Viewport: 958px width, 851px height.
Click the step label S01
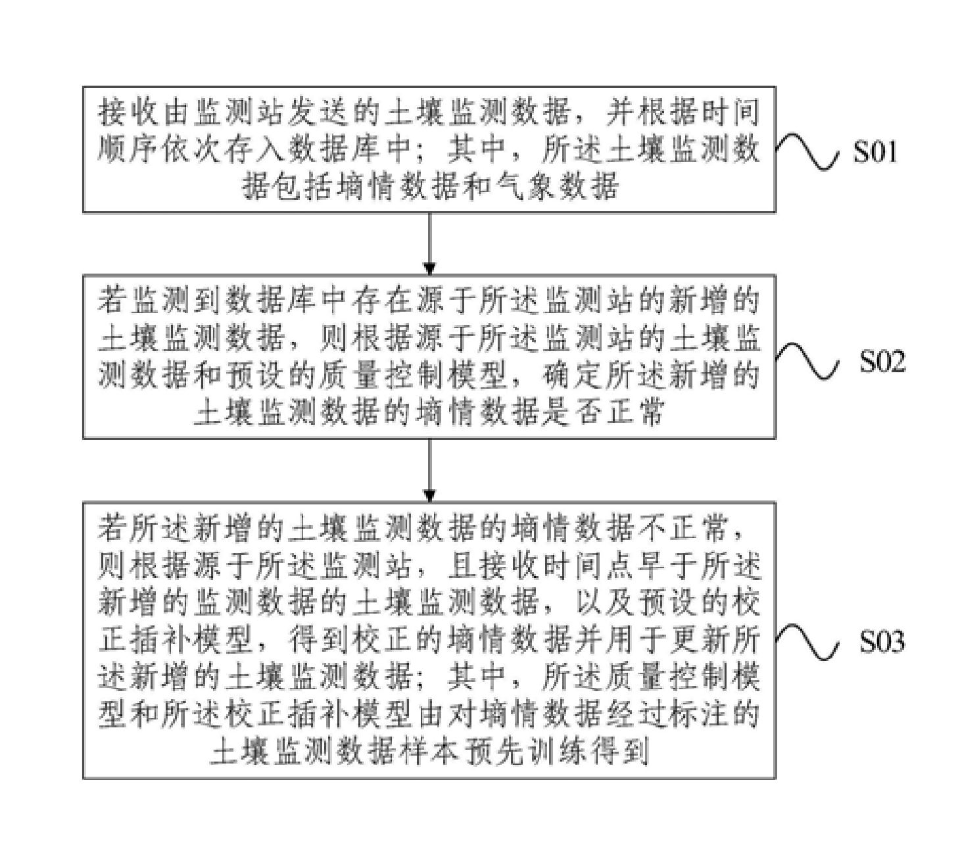[875, 152]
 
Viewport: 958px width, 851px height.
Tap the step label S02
[882, 360]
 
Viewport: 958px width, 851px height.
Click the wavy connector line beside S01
[807, 152]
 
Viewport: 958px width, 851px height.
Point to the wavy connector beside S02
[807, 360]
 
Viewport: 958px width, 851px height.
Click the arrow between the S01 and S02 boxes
[429, 243]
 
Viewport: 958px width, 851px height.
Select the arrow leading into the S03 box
[429, 470]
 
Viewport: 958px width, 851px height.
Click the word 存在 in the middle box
[382, 301]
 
